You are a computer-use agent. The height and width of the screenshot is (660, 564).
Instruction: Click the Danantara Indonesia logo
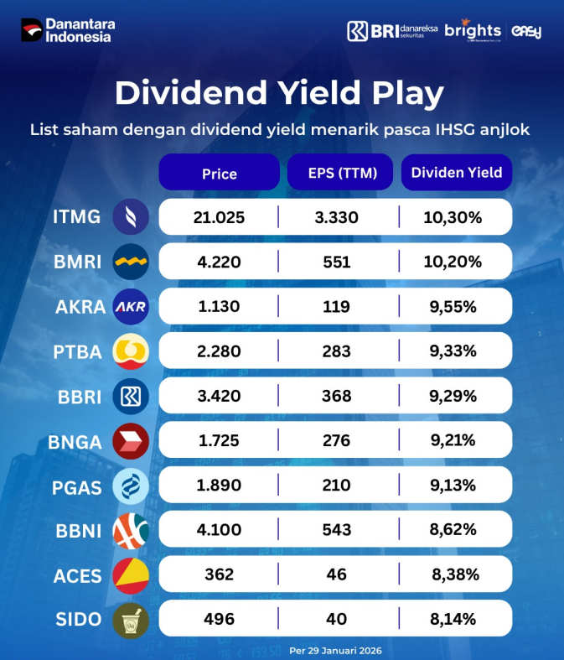(x=66, y=30)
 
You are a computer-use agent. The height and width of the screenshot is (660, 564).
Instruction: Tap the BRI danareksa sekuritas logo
(x=391, y=31)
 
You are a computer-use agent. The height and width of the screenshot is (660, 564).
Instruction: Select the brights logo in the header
(x=473, y=31)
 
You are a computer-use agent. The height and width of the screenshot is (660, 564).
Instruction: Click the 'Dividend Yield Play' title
(x=279, y=93)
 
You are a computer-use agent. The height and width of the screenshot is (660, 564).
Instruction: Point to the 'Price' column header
(x=220, y=174)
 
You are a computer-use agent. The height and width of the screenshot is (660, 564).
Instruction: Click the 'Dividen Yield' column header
(x=457, y=173)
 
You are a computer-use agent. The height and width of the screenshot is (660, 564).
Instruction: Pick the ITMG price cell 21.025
(x=219, y=218)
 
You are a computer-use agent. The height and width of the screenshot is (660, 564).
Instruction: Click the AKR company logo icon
(x=131, y=307)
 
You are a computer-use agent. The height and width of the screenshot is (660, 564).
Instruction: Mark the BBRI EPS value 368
(x=337, y=396)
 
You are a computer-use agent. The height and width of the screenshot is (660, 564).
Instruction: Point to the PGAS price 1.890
(x=220, y=486)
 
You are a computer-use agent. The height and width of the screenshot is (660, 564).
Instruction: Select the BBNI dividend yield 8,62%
(x=453, y=530)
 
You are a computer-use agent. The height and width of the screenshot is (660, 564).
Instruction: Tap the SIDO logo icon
(x=131, y=620)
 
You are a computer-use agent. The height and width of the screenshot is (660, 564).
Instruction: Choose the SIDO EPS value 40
(x=337, y=620)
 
